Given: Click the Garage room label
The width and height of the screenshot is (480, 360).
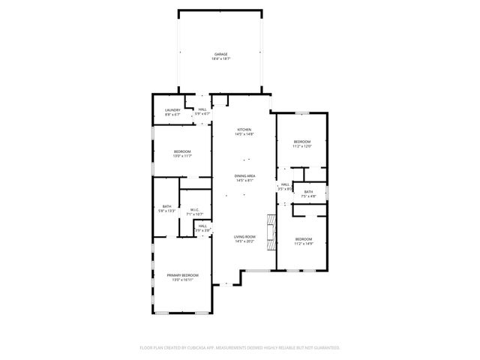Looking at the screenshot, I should (x=220, y=54).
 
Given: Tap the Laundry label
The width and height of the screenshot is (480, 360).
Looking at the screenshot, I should (x=172, y=110).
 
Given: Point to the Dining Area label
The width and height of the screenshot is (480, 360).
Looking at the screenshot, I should (x=245, y=175).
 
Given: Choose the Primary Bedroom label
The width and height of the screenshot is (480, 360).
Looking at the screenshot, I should (x=183, y=275).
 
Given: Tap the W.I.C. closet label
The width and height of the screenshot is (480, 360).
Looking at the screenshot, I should (x=193, y=210).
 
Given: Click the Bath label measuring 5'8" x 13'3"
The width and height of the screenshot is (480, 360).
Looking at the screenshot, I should (x=167, y=207).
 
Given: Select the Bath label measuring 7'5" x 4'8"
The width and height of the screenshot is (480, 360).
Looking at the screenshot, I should (x=308, y=192).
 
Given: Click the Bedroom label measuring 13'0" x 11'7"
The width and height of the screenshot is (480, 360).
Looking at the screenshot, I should (x=182, y=151).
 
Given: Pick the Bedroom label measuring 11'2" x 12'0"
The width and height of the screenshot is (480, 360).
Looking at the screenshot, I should (x=301, y=142).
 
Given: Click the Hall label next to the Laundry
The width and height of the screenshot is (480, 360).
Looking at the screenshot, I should (x=202, y=109).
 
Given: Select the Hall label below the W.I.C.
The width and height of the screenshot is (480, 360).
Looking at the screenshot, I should (x=202, y=226).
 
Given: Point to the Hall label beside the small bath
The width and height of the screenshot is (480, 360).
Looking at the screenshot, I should (x=284, y=184).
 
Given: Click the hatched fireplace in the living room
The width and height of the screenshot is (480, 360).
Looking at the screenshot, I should (x=271, y=226).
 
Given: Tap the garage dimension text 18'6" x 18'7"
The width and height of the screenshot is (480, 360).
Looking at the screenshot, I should (x=220, y=58).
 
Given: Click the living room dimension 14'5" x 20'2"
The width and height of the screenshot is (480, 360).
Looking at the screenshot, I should (x=245, y=241).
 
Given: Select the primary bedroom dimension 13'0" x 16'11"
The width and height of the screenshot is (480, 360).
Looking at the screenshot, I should (x=183, y=280).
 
